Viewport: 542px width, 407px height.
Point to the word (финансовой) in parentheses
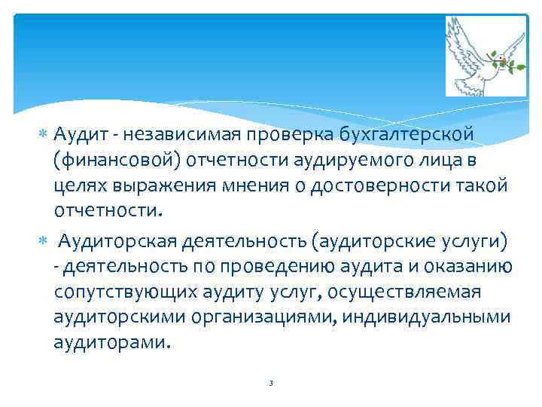point(115,160)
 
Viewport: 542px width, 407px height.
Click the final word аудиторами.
point(112,343)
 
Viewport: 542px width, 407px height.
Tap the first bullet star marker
point(44,134)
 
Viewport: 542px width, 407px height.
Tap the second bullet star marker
point(44,241)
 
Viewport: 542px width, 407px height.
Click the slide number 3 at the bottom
point(270,384)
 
